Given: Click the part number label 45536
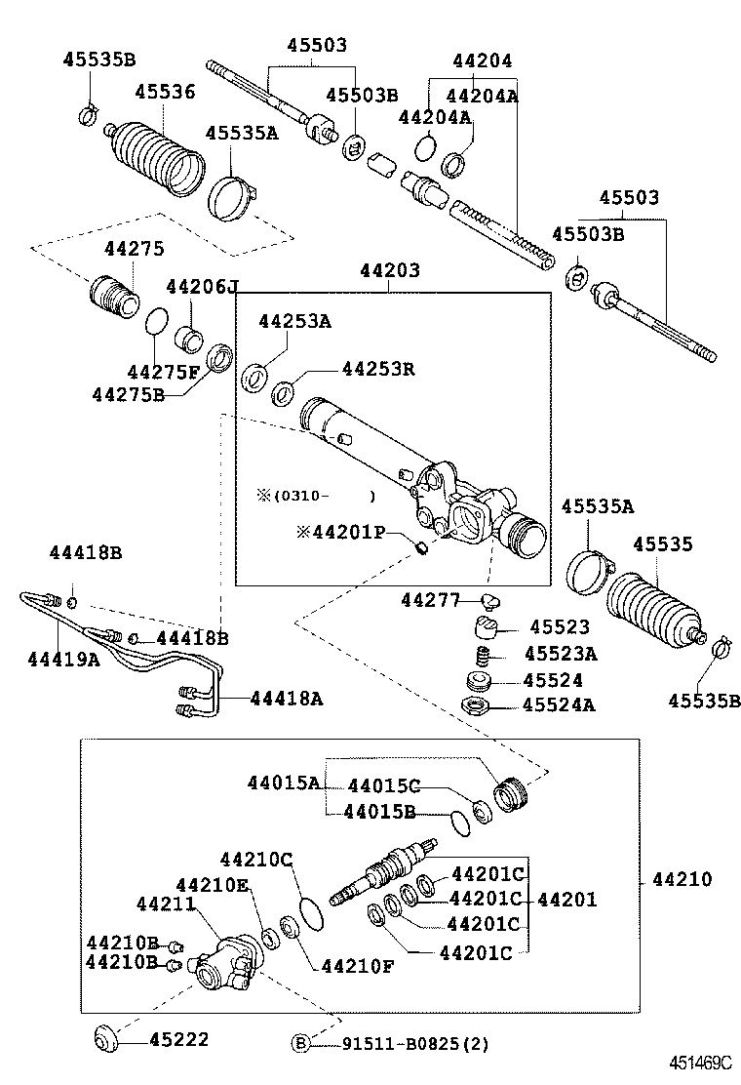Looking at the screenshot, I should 165,92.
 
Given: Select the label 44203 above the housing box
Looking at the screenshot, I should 389,270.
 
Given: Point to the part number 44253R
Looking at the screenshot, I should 378,369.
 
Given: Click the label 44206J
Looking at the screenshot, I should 201,287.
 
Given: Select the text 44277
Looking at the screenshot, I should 429,600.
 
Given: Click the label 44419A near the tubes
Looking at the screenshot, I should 63,660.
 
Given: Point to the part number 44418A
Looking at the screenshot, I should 287,698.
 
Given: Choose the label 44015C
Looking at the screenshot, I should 383,785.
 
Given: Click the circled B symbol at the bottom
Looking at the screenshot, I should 301,1043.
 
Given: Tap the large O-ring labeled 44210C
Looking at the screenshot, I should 312,913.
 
